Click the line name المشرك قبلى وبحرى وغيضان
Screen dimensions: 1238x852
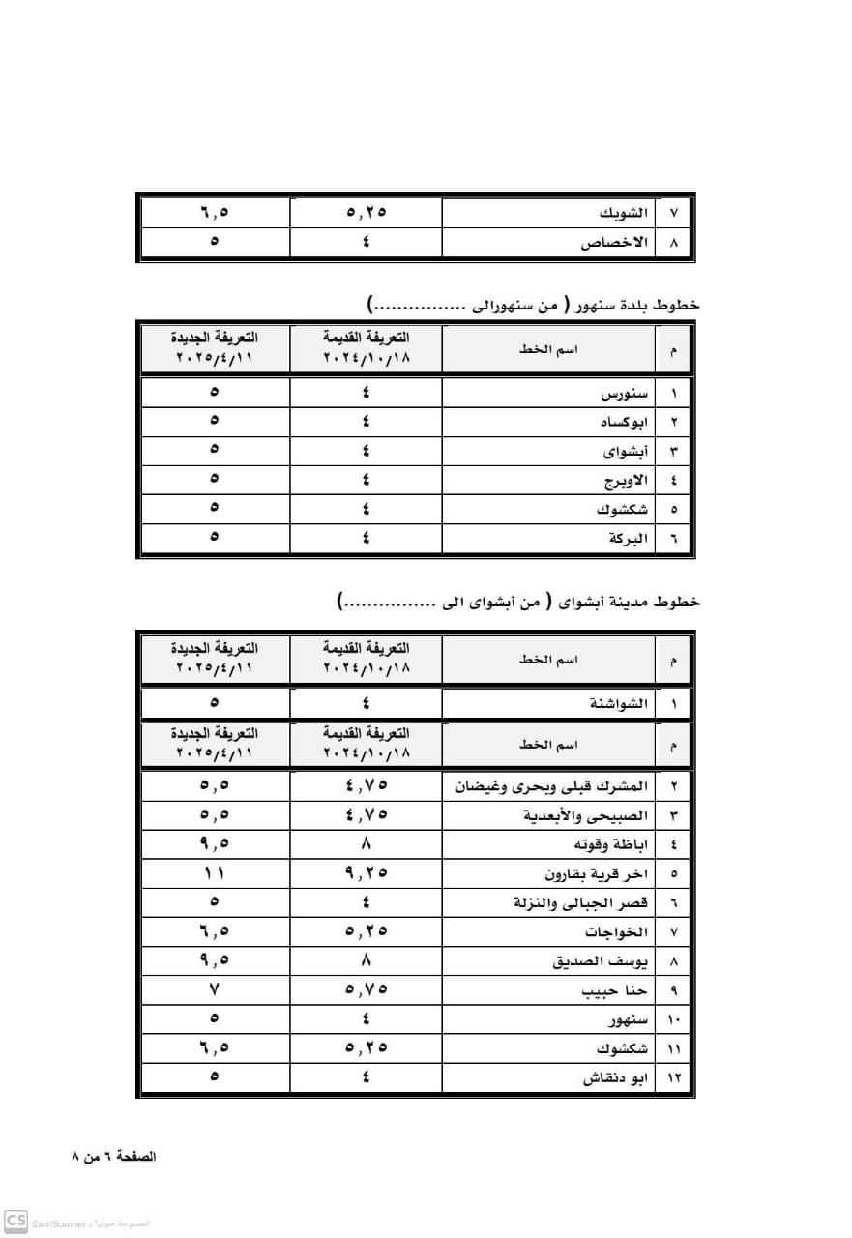(553, 786)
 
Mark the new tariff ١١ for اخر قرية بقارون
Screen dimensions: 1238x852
(214, 873)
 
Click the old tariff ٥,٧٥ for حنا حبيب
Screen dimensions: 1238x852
(366, 989)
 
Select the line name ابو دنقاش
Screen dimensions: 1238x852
(615, 1078)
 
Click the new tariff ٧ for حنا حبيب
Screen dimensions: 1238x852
(214, 989)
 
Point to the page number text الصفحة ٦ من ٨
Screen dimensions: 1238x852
(114, 1157)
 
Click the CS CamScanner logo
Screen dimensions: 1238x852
(15, 1222)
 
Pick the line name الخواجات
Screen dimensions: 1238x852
(618, 932)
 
